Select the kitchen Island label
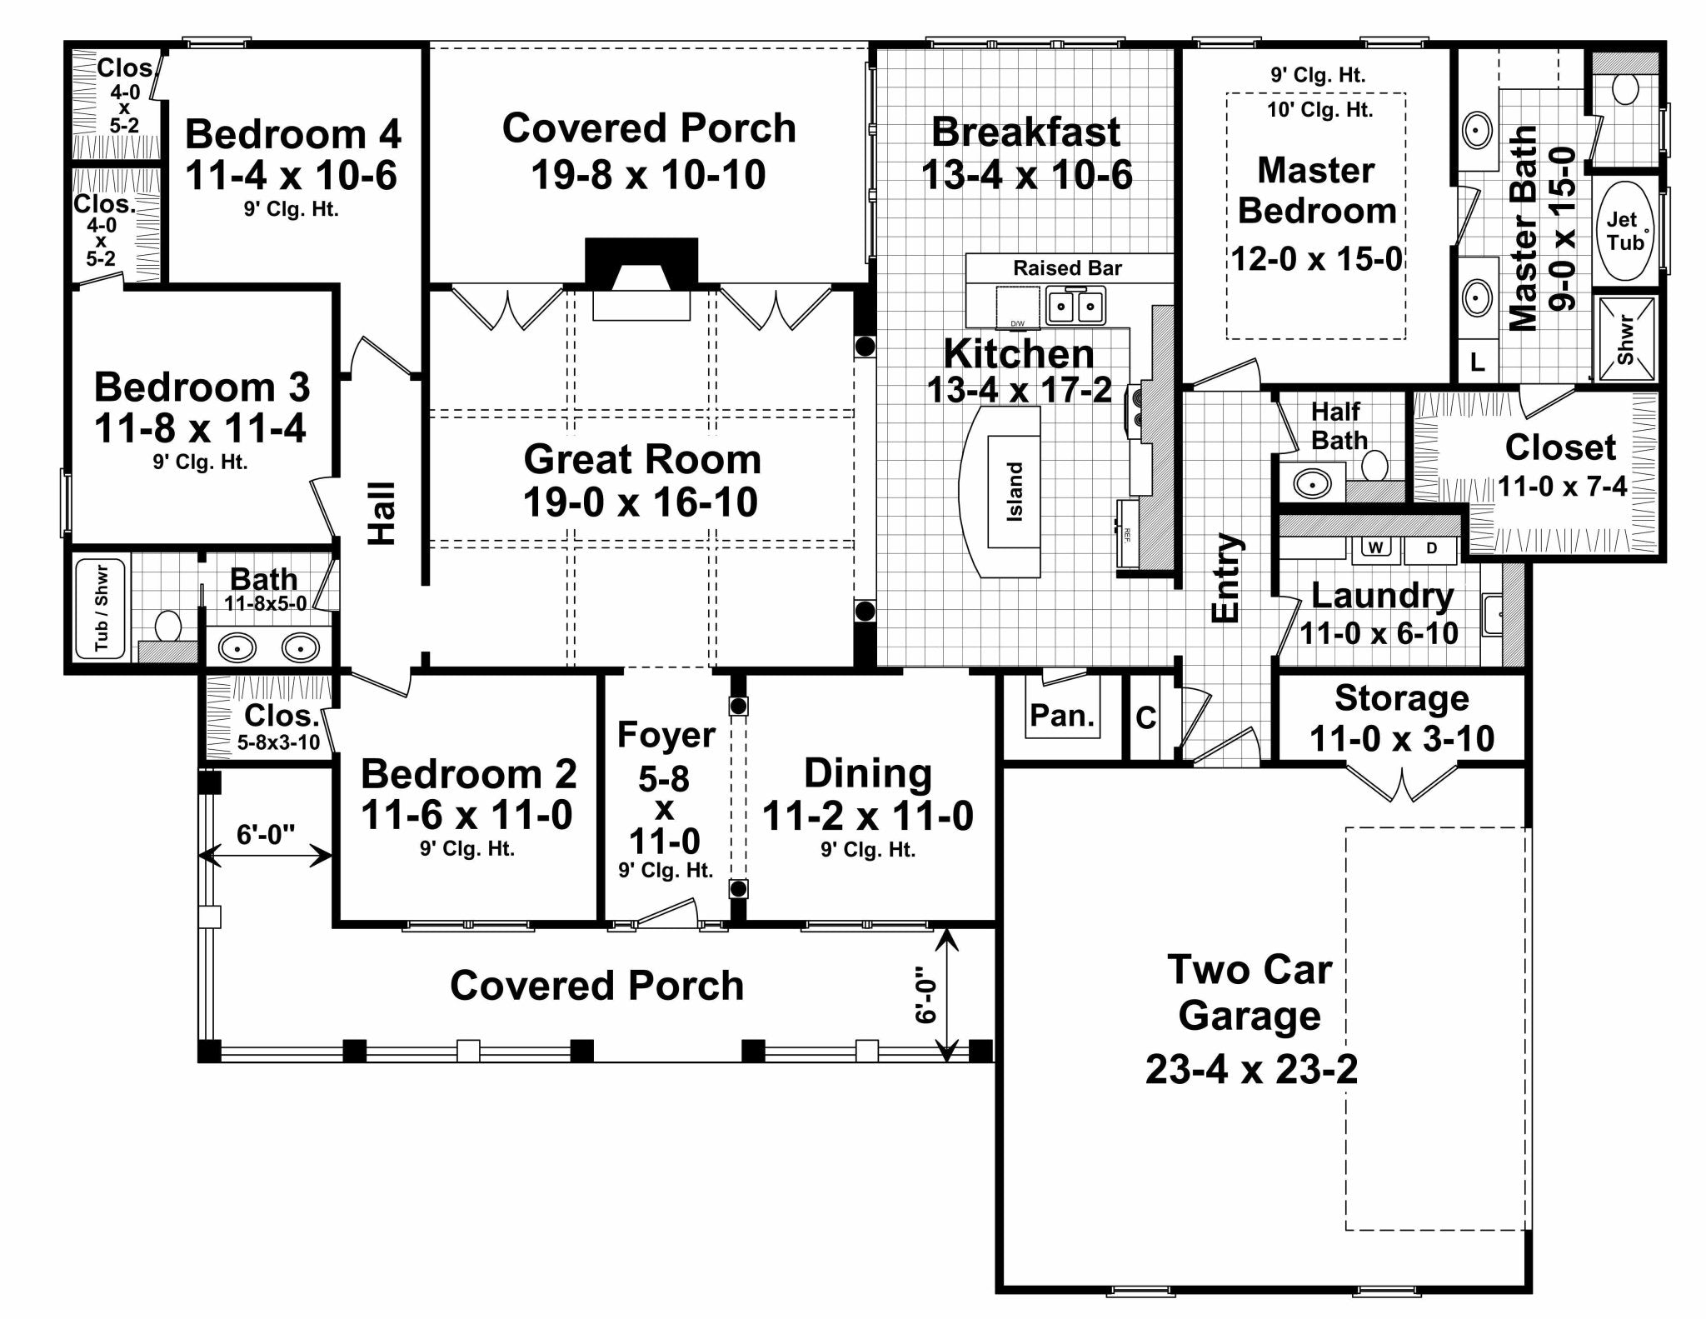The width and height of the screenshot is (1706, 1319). [x=1015, y=492]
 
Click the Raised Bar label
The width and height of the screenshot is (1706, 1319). [x=1067, y=268]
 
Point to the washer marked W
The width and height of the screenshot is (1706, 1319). [x=1376, y=548]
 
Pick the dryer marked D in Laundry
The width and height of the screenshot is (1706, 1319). [x=1431, y=548]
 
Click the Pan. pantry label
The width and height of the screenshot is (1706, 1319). [x=1061, y=715]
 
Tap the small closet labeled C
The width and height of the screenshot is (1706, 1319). [x=1145, y=717]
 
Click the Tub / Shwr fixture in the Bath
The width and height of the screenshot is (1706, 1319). [x=101, y=609]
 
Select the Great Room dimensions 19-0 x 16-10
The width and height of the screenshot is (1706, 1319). [x=640, y=502]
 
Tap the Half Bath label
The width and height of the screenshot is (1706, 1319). [x=1339, y=426]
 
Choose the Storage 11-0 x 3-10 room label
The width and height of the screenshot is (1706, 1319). [x=1402, y=718]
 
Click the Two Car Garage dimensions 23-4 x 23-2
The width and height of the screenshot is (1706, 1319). [x=1251, y=1069]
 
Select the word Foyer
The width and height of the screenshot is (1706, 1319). [x=666, y=735]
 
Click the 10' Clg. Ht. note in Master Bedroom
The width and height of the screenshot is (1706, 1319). [x=1319, y=109]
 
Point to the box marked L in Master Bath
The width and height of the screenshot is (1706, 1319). [x=1476, y=362]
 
